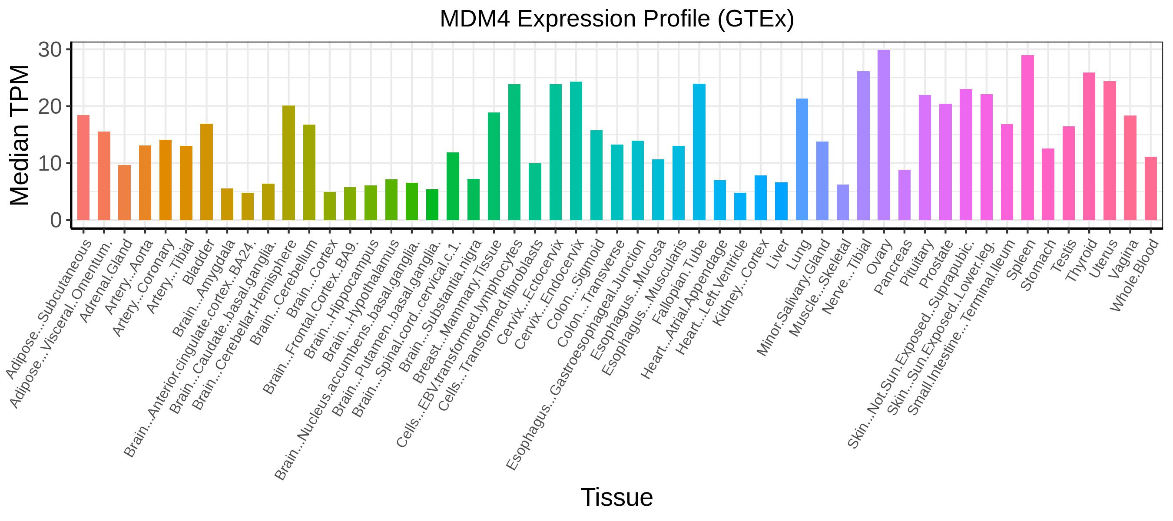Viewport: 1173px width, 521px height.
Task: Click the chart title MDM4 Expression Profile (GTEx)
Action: (x=617, y=19)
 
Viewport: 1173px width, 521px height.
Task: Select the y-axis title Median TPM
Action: (x=19, y=135)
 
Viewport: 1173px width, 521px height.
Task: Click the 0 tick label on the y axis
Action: (x=56, y=221)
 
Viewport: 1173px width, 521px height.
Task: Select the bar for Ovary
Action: (x=884, y=135)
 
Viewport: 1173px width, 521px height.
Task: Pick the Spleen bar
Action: (x=1028, y=138)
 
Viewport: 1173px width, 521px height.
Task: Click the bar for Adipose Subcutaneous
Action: (x=83, y=168)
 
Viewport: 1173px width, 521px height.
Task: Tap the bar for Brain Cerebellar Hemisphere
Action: (x=289, y=163)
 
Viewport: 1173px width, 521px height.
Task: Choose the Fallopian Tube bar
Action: (x=699, y=152)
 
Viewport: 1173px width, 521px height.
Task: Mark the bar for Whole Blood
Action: (x=1151, y=189)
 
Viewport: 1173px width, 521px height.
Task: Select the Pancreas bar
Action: (x=905, y=195)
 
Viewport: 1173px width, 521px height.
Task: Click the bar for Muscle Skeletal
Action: (x=843, y=202)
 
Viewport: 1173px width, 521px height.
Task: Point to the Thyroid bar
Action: (x=1089, y=146)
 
